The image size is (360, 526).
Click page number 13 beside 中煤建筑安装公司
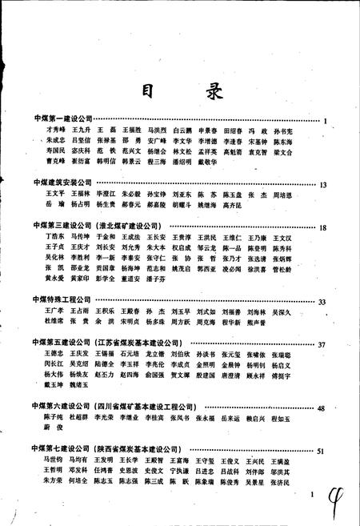324,184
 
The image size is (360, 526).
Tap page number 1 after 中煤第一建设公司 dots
328,119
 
